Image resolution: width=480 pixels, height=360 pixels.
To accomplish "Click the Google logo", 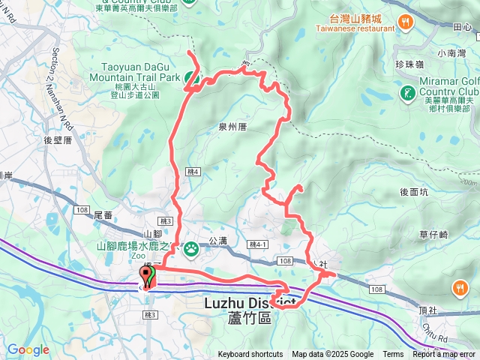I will point(28,350).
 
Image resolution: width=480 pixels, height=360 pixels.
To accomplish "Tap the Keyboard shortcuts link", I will point(250,355).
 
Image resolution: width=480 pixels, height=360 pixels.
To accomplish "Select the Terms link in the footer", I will point(393,355).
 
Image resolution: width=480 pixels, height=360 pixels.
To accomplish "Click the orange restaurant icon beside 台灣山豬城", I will point(406,21).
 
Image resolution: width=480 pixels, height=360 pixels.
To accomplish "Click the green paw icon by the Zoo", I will point(191,247).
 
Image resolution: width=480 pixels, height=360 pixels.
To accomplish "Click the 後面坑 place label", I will point(414,191).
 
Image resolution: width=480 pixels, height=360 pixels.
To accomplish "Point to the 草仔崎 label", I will point(433,235).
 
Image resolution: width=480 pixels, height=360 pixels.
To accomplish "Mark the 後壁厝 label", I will point(57,140).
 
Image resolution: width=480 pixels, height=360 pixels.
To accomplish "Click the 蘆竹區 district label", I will point(244,318).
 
